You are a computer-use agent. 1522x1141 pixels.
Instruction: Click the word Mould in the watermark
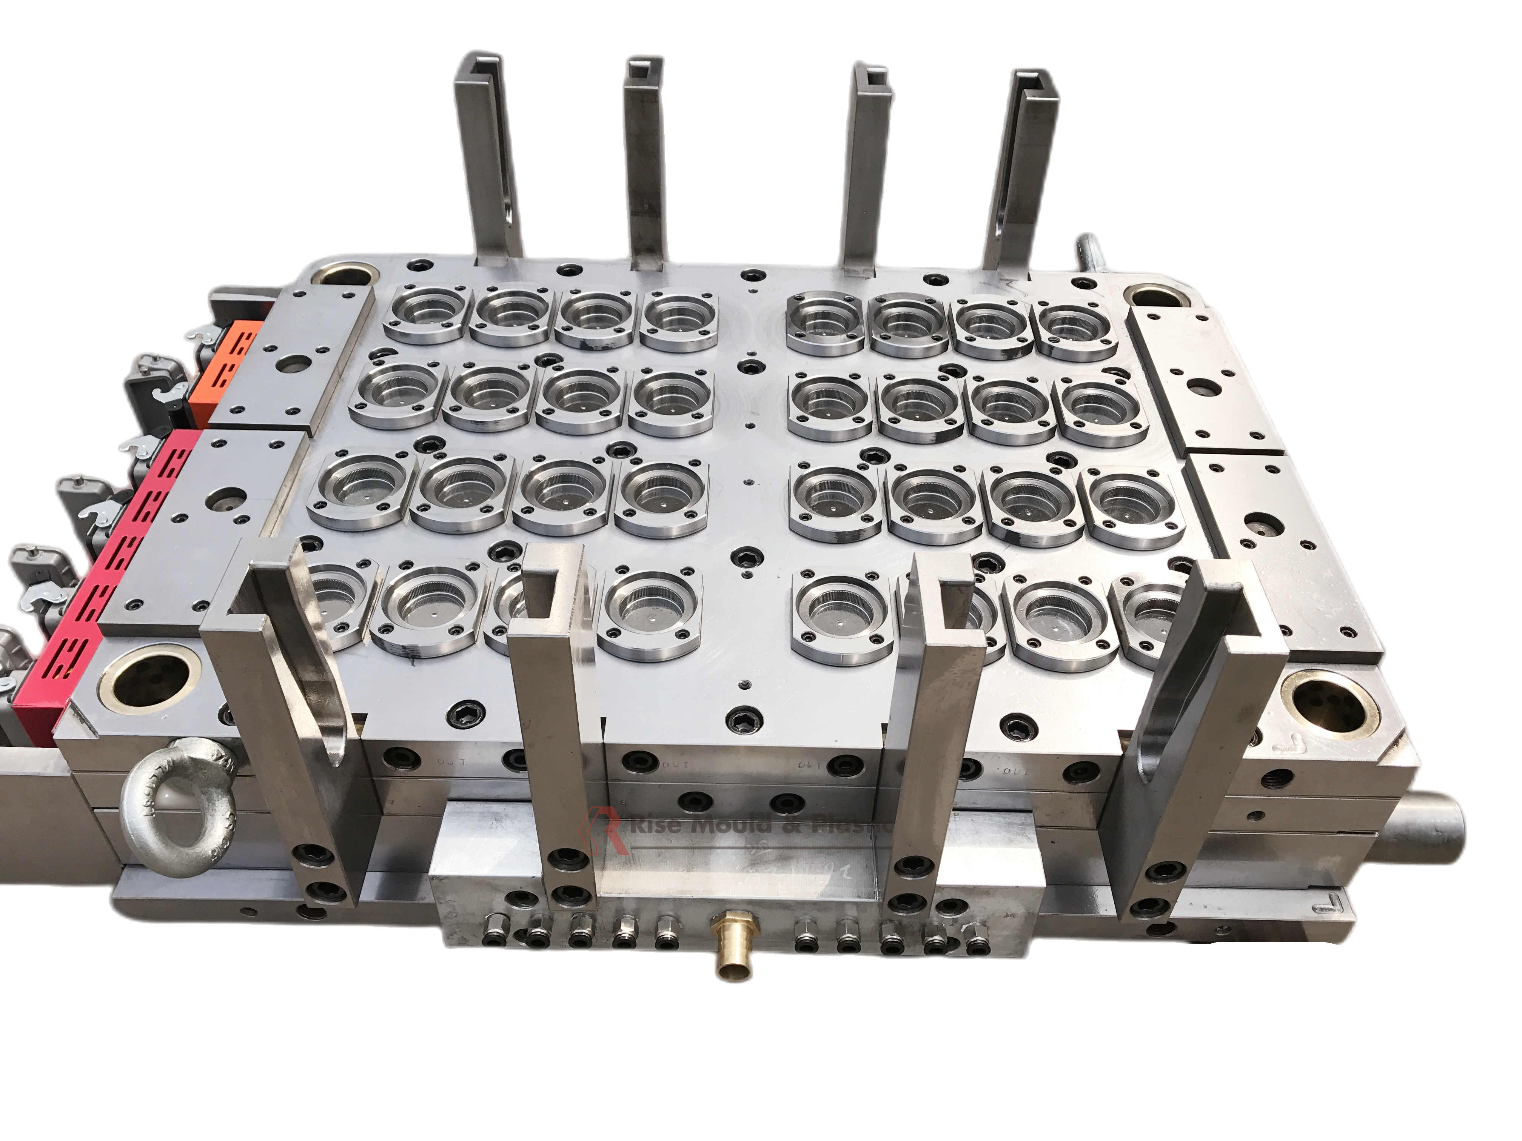(729, 824)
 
